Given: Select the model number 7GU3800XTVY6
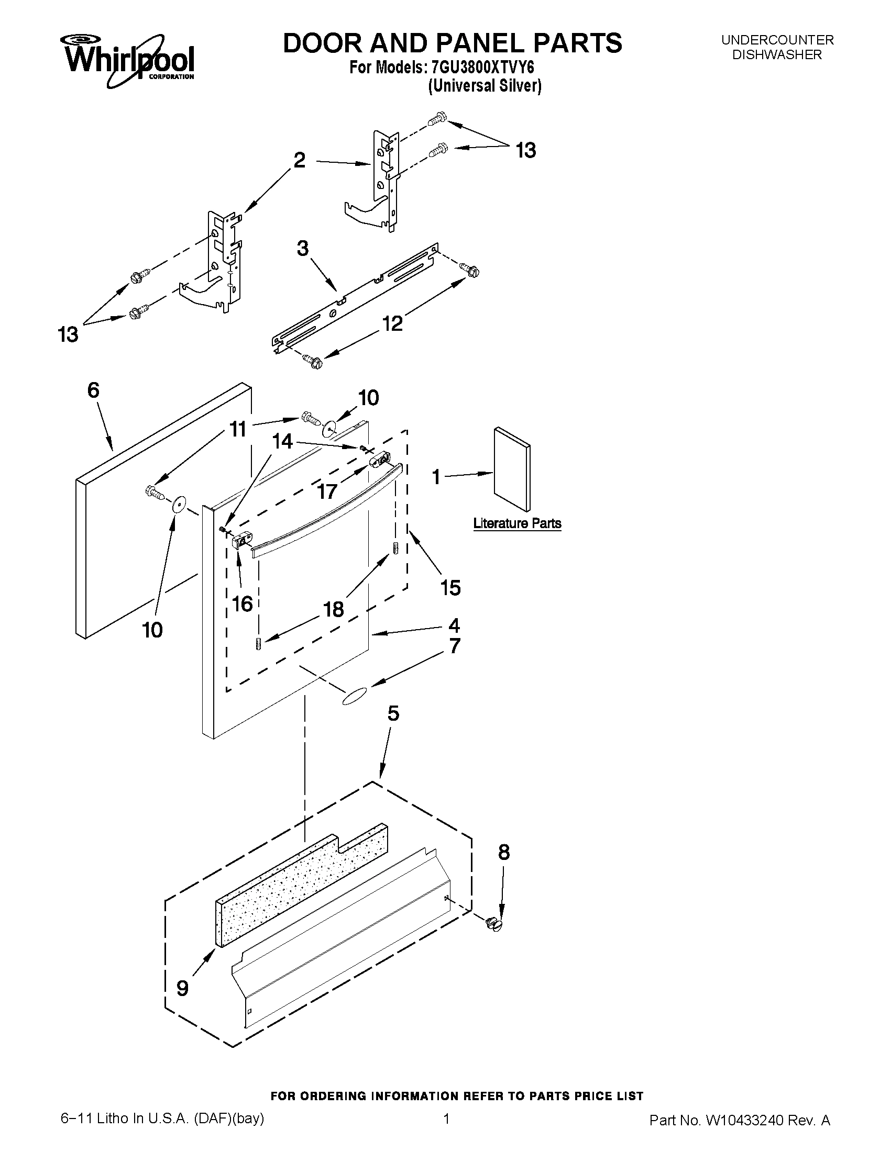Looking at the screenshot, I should coord(482,69).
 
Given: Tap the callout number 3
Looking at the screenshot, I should coord(302,249).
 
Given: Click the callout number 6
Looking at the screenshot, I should coord(93,390).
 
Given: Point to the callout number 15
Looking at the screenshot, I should coord(450,587).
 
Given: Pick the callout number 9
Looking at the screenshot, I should coord(182,988).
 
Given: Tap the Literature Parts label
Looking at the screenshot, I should coord(517,523).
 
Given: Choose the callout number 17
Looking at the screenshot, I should coord(327,491).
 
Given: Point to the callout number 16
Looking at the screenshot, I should coord(243,604).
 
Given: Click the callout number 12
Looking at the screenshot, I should coord(393,323).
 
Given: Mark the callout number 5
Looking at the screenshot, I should coord(393,714).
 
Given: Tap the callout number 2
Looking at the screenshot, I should coord(299,160).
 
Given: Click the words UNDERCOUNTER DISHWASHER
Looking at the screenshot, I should coord(777,47).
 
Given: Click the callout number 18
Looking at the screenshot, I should coord(333,609).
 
